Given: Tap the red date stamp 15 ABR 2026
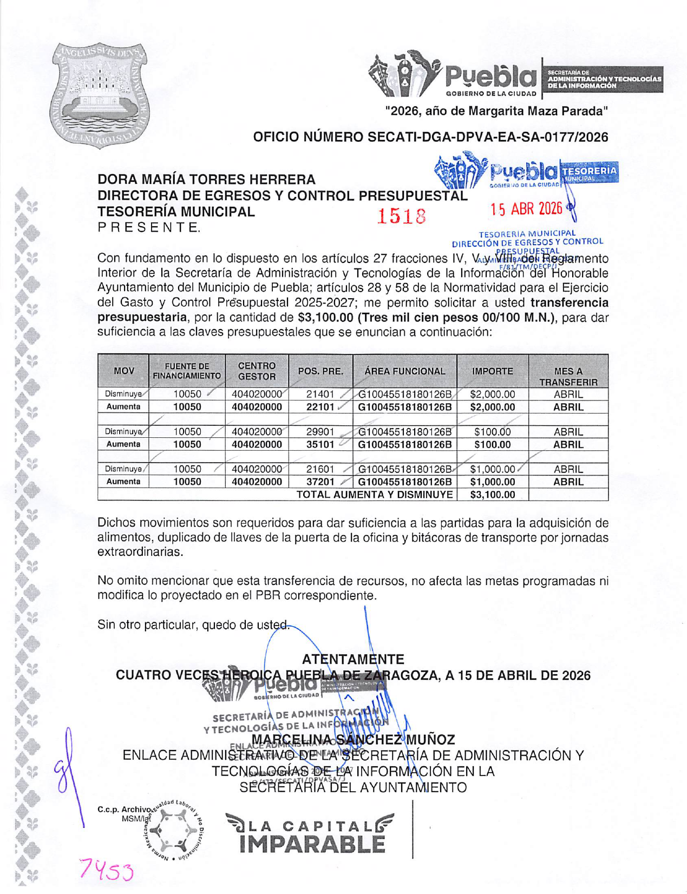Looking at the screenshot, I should [526, 208].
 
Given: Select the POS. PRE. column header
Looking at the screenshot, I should [320, 371].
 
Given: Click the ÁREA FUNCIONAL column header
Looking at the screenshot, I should [404, 371].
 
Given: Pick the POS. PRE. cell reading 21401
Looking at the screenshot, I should [320, 395].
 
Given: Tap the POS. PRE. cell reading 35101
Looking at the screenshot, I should [320, 444].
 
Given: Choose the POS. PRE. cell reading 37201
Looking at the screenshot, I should [320, 482].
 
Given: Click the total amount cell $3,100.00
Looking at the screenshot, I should [492, 494].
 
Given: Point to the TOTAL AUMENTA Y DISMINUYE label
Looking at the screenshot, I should [374, 494].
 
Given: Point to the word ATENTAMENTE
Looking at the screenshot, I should [353, 659].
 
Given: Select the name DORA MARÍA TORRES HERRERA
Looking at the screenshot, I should [206, 179].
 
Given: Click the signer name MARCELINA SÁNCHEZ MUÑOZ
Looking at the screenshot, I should [353, 739].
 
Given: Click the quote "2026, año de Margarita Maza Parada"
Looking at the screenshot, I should [496, 111].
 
